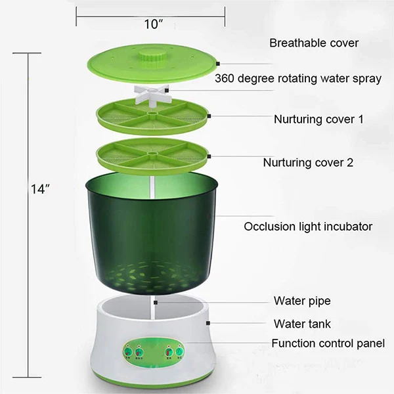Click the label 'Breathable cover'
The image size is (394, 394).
tap(314, 43)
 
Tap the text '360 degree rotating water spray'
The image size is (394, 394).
tap(298, 79)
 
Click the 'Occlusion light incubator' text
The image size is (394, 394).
tap(308, 227)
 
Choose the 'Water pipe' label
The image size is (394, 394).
tap(301, 301)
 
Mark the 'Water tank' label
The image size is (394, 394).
tap(302, 324)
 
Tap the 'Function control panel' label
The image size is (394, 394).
tap(328, 343)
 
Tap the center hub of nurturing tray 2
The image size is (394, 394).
tap(150, 155)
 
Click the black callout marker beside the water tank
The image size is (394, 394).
tap(208, 324)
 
